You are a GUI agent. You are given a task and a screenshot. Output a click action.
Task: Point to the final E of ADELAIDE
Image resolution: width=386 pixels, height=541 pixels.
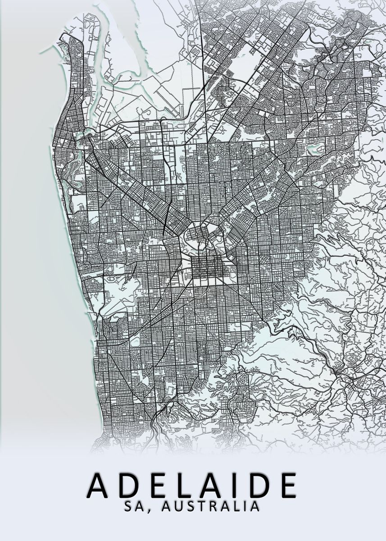286,485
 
